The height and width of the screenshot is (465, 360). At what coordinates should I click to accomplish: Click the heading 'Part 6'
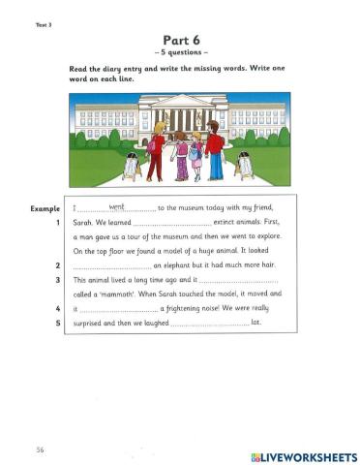[180, 39]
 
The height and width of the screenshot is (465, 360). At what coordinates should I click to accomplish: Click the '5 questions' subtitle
[180, 51]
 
